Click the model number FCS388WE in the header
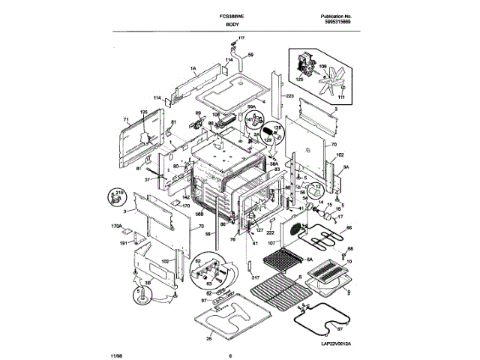coord(235,16)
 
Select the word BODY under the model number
coord(233,25)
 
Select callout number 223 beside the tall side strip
coord(289,96)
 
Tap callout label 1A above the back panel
coord(193,68)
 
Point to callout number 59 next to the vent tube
coord(250,55)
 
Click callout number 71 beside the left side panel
coord(127,120)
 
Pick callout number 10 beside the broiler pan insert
coord(348,261)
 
